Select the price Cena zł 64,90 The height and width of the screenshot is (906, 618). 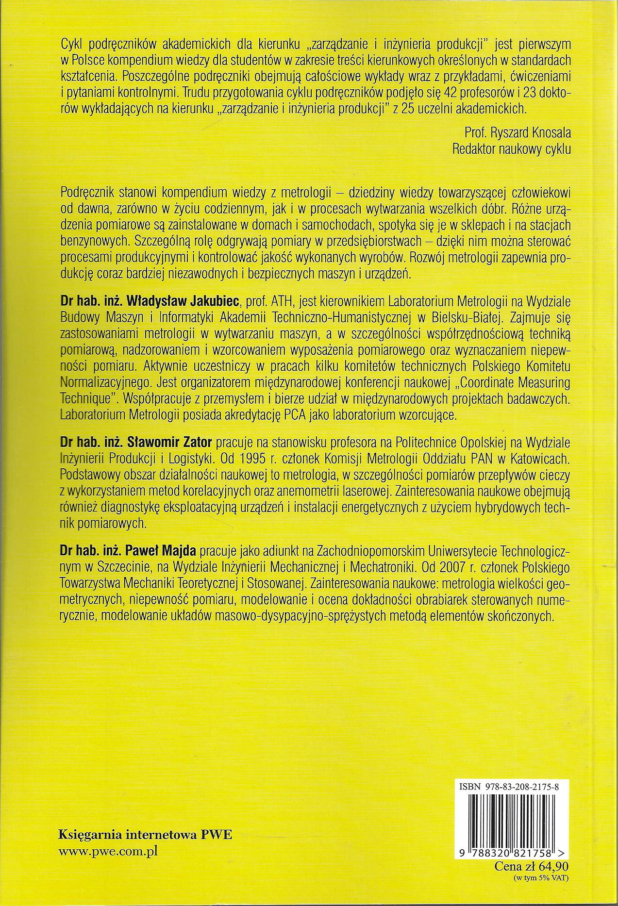[532, 866]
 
